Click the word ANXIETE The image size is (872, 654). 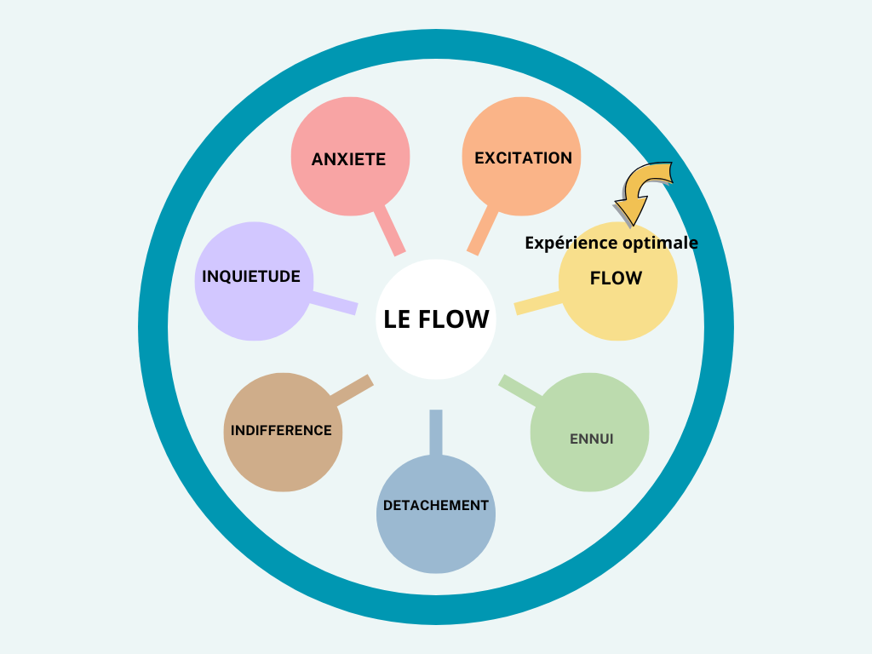(x=348, y=159)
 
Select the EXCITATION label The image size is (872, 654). (x=523, y=158)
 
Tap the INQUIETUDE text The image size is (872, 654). (x=250, y=277)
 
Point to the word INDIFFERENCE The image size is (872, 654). (x=281, y=430)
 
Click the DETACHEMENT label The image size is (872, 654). (x=436, y=505)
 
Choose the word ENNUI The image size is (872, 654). (x=591, y=439)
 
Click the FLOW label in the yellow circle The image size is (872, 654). (x=616, y=278)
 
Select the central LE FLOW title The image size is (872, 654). (x=436, y=319)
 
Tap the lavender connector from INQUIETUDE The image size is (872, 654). (x=334, y=301)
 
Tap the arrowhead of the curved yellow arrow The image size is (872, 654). (x=630, y=210)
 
